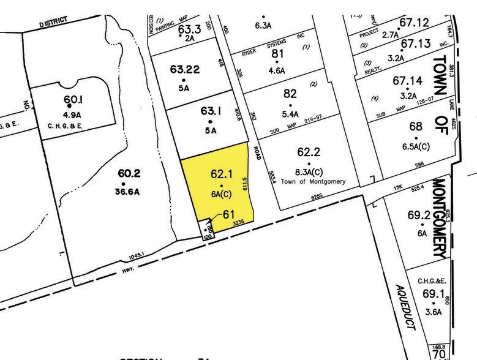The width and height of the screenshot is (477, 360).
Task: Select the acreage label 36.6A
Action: [x=124, y=191]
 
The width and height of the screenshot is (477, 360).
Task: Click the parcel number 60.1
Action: [x=72, y=99]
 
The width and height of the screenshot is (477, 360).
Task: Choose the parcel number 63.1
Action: [x=211, y=111]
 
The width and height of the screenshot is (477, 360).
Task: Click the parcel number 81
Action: [x=279, y=53]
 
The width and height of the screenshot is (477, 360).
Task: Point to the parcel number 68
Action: [x=416, y=126]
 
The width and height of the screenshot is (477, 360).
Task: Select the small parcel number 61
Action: [x=229, y=214]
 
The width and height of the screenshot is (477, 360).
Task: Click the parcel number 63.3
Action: [x=189, y=28]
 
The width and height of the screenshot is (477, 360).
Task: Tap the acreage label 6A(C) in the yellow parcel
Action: [x=222, y=195]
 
